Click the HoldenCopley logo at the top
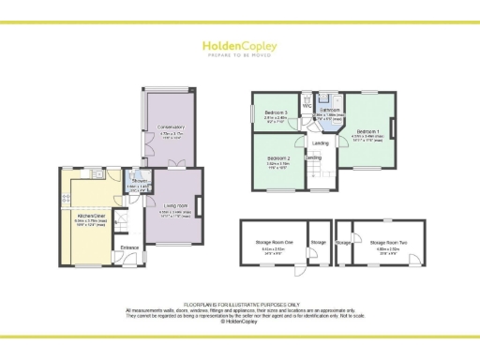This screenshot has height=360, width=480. point(239,44)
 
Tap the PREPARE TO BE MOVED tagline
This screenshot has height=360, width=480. point(239,54)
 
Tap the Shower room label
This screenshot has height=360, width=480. point(136,184)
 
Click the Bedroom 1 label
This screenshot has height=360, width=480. point(367,131)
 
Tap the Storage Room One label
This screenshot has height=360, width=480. point(275,243)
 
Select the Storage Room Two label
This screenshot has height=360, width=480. point(385,243)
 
